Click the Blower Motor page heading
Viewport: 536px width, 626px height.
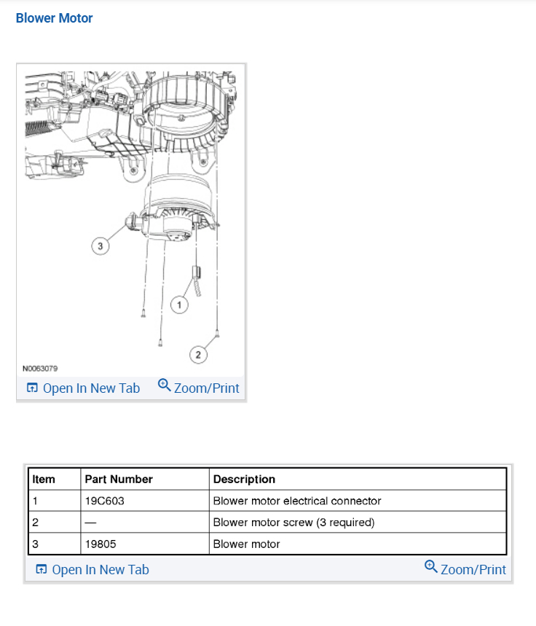(x=54, y=18)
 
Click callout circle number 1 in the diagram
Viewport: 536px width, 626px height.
(x=179, y=304)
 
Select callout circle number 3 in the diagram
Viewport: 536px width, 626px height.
(x=100, y=246)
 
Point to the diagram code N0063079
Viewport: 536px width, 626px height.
(x=40, y=368)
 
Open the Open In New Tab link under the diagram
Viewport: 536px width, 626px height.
(x=83, y=388)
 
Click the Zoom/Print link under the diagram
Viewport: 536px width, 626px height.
(x=199, y=388)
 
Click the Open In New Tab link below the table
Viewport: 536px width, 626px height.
(x=92, y=569)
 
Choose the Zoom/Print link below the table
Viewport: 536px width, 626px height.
(x=465, y=569)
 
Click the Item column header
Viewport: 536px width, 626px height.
(x=44, y=480)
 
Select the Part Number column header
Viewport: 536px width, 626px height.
(x=119, y=480)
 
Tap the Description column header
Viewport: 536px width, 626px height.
(x=244, y=480)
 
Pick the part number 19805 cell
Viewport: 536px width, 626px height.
(x=100, y=544)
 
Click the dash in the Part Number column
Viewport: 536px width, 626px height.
(x=91, y=523)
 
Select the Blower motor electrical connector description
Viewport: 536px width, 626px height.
(x=297, y=501)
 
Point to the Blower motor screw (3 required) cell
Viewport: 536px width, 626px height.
(x=293, y=523)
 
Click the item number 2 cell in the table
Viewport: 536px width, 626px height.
(x=35, y=523)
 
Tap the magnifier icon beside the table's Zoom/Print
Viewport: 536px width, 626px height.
(x=431, y=567)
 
